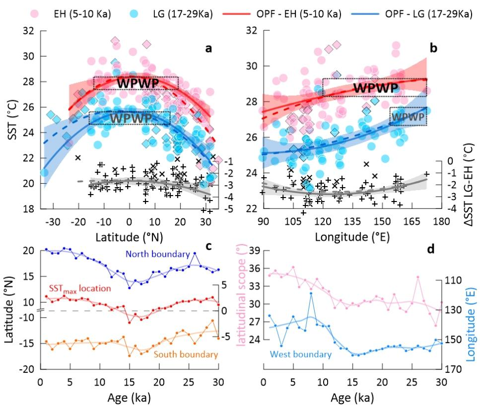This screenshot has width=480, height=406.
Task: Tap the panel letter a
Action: click(209, 49)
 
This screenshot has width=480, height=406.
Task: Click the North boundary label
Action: click(157, 254)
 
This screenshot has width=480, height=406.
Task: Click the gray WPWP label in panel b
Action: click(408, 117)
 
